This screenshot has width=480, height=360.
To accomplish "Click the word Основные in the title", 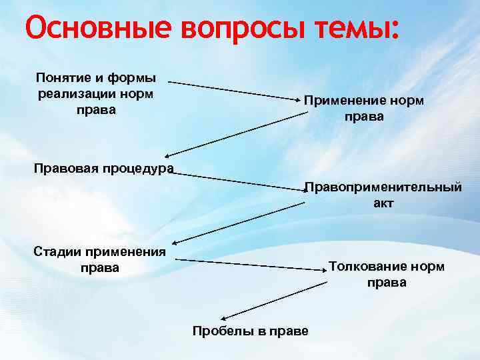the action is (89, 28).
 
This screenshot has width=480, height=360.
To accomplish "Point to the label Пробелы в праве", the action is (250, 331).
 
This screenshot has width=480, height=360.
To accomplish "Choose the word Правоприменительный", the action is (383, 187).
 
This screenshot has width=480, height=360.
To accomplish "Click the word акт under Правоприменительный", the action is (383, 203).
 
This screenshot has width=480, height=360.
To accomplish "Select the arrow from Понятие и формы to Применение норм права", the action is (234, 91).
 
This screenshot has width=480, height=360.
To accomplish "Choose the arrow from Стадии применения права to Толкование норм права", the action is (250, 264).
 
